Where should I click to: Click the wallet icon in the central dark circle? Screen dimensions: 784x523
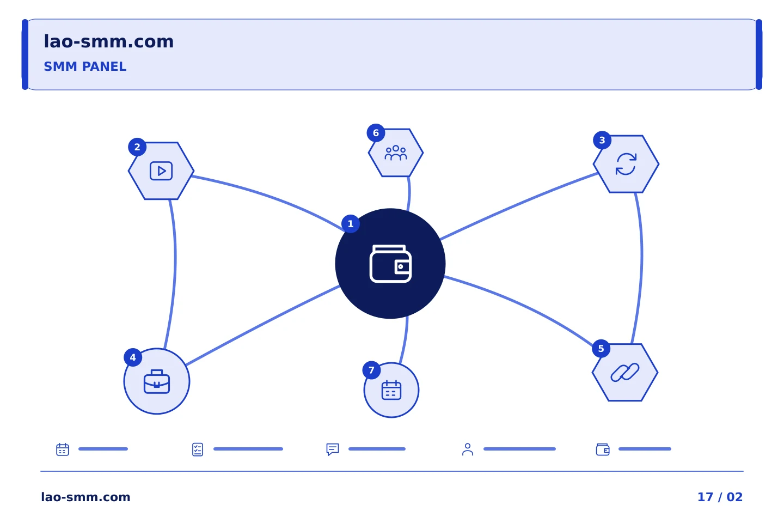[x=390, y=264]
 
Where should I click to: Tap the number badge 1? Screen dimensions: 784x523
[x=351, y=224]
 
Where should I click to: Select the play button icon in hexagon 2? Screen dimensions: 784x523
[x=161, y=171]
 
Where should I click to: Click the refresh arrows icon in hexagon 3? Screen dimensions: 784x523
[x=626, y=164]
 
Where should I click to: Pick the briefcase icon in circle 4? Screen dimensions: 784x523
[x=157, y=381]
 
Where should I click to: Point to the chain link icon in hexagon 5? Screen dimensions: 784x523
[x=625, y=373]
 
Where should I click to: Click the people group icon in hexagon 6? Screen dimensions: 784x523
[x=396, y=153]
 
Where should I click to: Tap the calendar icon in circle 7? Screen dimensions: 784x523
[x=391, y=390]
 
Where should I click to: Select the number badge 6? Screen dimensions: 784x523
[x=376, y=133]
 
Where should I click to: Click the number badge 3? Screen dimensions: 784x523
[x=602, y=140]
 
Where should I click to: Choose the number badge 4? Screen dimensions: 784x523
[x=133, y=357]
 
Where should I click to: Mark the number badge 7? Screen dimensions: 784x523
[x=371, y=370]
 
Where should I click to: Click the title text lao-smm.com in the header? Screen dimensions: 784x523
[x=108, y=42]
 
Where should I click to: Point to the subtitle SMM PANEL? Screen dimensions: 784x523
[x=85, y=66]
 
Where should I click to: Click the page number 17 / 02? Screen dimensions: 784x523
[x=720, y=497]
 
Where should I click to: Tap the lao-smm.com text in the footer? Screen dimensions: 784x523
[x=86, y=497]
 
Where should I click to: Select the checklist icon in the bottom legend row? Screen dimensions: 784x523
[x=198, y=449]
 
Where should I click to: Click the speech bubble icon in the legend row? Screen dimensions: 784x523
[x=333, y=449]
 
